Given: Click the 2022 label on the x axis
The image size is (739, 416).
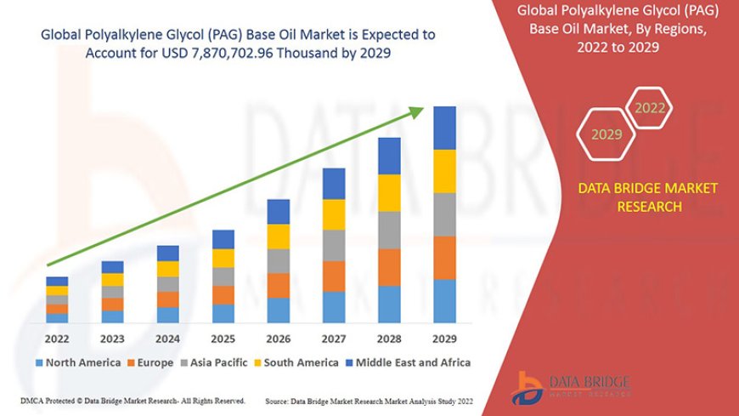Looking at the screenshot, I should [57, 338].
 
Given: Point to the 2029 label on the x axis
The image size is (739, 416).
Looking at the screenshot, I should [444, 338].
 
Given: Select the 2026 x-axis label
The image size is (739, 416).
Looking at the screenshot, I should [279, 338].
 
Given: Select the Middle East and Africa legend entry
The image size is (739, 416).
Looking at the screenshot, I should [406, 362].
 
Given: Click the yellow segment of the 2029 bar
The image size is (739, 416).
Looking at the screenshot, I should [444, 171].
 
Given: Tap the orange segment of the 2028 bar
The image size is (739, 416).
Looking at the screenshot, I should [389, 267].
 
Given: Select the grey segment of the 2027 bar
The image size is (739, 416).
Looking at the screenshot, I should [334, 245].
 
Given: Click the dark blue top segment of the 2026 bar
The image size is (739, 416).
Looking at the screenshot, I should [279, 212].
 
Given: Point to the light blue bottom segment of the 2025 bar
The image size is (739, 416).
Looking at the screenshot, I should [223, 314].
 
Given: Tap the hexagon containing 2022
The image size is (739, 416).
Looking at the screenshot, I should [650, 108].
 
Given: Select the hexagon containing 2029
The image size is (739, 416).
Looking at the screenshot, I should [606, 134].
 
